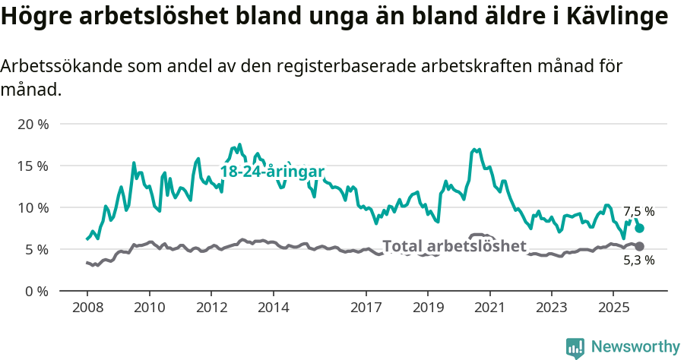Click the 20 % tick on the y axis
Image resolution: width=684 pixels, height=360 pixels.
(33, 124)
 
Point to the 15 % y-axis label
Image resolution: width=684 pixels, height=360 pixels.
(33, 166)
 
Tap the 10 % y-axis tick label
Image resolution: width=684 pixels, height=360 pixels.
(33, 207)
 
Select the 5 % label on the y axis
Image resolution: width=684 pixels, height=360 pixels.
(36, 249)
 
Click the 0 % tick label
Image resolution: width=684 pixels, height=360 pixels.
(36, 291)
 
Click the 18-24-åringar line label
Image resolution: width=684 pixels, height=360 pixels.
(272, 172)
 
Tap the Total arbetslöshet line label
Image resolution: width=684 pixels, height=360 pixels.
(454, 246)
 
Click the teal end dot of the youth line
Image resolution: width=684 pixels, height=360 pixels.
(640, 228)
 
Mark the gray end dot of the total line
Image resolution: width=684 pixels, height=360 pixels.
(639, 246)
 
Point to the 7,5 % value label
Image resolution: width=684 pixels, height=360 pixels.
(638, 212)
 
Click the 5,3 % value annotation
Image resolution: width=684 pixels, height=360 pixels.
(638, 261)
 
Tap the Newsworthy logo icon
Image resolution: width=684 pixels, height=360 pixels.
(575, 347)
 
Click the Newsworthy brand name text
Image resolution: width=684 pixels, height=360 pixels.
(635, 347)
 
